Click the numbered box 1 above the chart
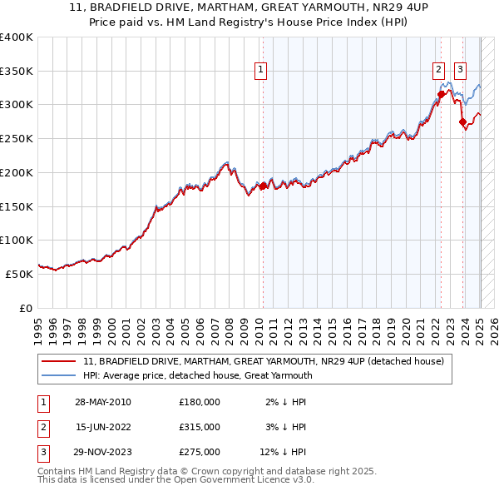[261, 71]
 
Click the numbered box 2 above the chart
[438, 71]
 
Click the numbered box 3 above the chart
[461, 71]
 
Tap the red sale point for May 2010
[263, 186]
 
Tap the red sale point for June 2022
[441, 94]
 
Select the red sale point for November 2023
[462, 122]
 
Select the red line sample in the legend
[58, 361]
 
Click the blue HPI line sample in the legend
[58, 375]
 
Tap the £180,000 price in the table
[200, 402]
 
